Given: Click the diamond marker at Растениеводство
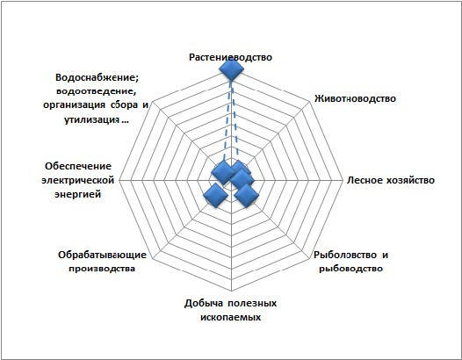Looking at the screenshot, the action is pyautogui.click(x=231, y=69).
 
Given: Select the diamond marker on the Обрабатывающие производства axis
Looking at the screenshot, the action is pyautogui.click(x=216, y=195).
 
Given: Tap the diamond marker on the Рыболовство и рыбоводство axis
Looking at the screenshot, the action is pyautogui.click(x=246, y=195).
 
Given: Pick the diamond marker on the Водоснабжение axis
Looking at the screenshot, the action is pyautogui.click(x=224, y=173).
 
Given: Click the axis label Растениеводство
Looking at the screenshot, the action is pyautogui.click(x=230, y=57).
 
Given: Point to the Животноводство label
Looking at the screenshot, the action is pyautogui.click(x=355, y=98).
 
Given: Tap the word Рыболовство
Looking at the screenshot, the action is pyautogui.click(x=344, y=255).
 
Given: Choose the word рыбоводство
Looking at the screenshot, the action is pyautogui.click(x=351, y=269).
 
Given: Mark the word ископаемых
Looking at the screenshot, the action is pyautogui.click(x=231, y=317).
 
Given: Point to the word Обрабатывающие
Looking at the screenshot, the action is pyautogui.click(x=102, y=255).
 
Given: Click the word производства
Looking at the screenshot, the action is pyautogui.click(x=102, y=269).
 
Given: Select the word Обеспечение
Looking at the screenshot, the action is pyautogui.click(x=78, y=166).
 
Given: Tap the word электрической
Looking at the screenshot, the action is pyautogui.click(x=78, y=180).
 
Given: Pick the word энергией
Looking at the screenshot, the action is pyautogui.click(x=78, y=194).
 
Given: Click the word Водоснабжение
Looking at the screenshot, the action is pyautogui.click(x=97, y=78).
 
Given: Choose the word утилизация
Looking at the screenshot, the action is pyautogui.click(x=91, y=120).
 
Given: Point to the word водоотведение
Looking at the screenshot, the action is pyautogui.click(x=96, y=91).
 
